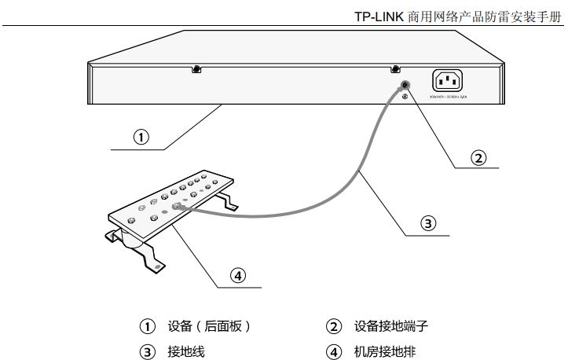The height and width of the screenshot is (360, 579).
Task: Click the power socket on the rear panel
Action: [x=447, y=80]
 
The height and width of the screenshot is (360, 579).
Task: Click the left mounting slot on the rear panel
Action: [x=196, y=69]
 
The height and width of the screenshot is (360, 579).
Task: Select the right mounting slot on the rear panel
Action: [x=394, y=69]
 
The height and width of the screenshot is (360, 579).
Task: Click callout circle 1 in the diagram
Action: [x=141, y=138]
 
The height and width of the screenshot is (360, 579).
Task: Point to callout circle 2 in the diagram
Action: [x=478, y=157]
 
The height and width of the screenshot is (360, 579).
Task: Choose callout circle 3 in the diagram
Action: [x=428, y=224]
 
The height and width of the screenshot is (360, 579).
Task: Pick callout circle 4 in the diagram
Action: [x=238, y=276]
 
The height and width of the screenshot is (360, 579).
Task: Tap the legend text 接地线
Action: [x=185, y=351]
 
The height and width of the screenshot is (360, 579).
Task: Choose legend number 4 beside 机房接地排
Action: [x=335, y=351]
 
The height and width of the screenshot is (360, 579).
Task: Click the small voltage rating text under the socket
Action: [x=447, y=97]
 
